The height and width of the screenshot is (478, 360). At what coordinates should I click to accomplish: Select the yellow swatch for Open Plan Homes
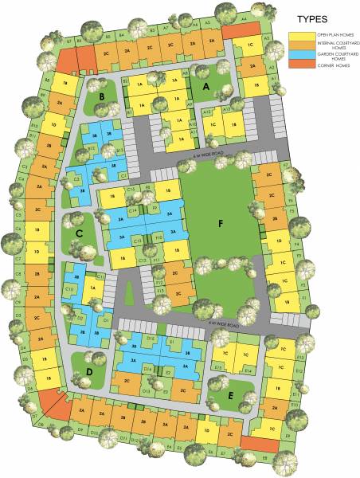pyautogui.click(x=299, y=37)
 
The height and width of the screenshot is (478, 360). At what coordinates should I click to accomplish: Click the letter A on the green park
pyautogui.click(x=205, y=85)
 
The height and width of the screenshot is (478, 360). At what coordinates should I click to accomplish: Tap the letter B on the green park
pyautogui.click(x=104, y=98)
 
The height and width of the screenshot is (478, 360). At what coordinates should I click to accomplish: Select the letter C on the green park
pyautogui.click(x=80, y=233)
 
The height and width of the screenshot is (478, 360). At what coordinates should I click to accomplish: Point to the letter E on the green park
pyautogui.click(x=230, y=393)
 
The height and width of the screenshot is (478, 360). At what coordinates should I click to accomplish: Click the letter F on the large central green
pyautogui.click(x=221, y=224)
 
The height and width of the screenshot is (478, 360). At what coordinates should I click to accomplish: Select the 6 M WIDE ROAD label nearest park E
pyautogui.click(x=224, y=325)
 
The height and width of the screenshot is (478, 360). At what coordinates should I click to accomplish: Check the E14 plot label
pyautogui.click(x=248, y=371)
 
